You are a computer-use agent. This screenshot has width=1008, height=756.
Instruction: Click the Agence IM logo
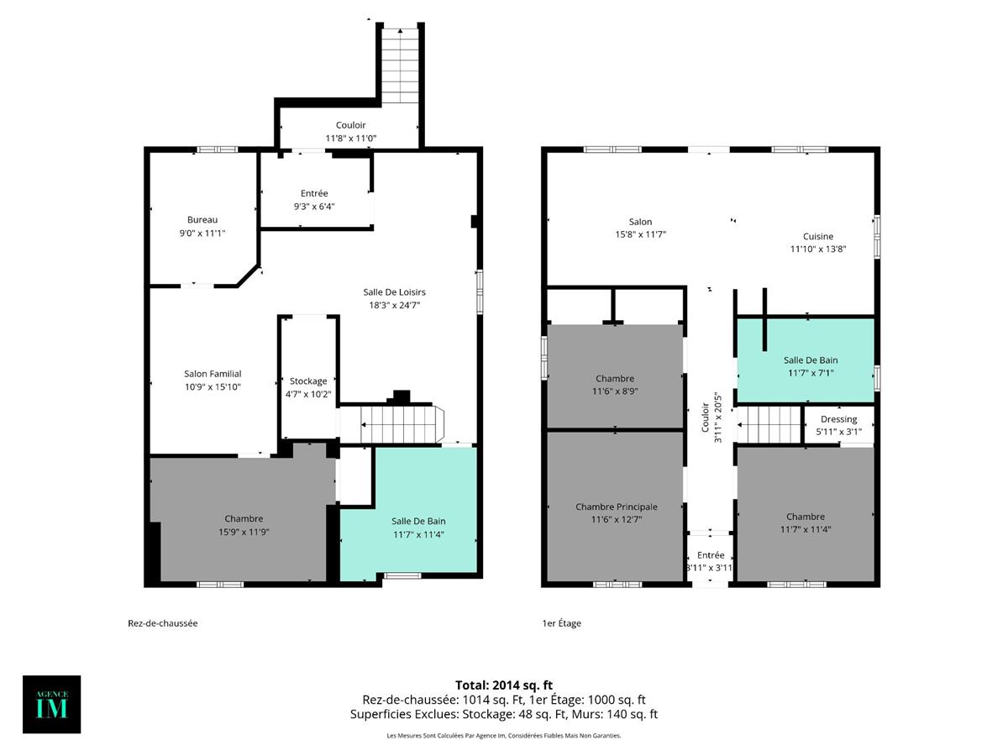(x=51, y=704)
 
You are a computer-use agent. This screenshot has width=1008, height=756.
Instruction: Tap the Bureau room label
(x=202, y=220)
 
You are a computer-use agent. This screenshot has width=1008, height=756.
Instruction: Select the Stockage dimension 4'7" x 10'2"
(x=308, y=394)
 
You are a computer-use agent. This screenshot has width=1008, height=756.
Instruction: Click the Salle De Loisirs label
(x=394, y=292)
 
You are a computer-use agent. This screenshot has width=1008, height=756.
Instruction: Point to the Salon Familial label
(x=213, y=374)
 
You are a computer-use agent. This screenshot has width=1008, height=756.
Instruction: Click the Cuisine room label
(x=817, y=236)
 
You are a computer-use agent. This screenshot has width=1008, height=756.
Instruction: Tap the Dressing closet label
(x=838, y=419)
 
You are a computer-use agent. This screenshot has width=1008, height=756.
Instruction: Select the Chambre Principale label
(x=616, y=507)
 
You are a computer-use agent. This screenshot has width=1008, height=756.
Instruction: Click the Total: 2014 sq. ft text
(x=503, y=685)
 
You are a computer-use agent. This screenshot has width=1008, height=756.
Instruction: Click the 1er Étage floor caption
(x=562, y=623)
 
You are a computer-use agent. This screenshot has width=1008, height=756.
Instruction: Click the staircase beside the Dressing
(x=769, y=423)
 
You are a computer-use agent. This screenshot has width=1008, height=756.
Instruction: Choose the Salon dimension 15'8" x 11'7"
(x=640, y=235)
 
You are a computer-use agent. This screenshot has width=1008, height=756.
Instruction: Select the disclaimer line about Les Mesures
(x=503, y=736)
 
